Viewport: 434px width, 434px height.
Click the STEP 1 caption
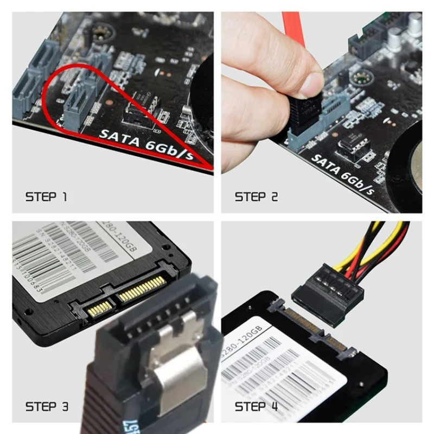[46, 196]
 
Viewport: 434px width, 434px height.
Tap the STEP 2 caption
[256, 196]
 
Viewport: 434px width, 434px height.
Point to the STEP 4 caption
[257, 406]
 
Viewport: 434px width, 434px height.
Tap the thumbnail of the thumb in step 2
[312, 85]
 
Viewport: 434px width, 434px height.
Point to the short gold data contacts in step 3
[100, 310]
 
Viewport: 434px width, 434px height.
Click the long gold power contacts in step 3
[142, 288]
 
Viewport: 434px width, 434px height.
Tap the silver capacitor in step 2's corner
[416, 24]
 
